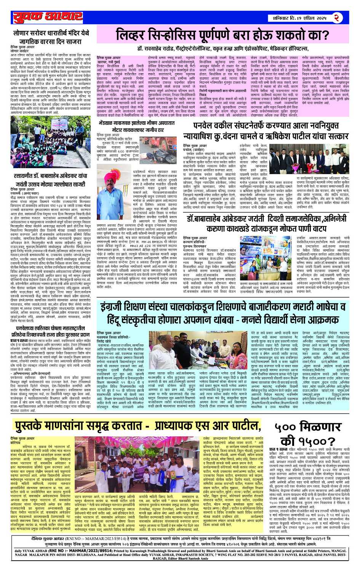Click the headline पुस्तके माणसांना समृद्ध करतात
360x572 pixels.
coord(137,425)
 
